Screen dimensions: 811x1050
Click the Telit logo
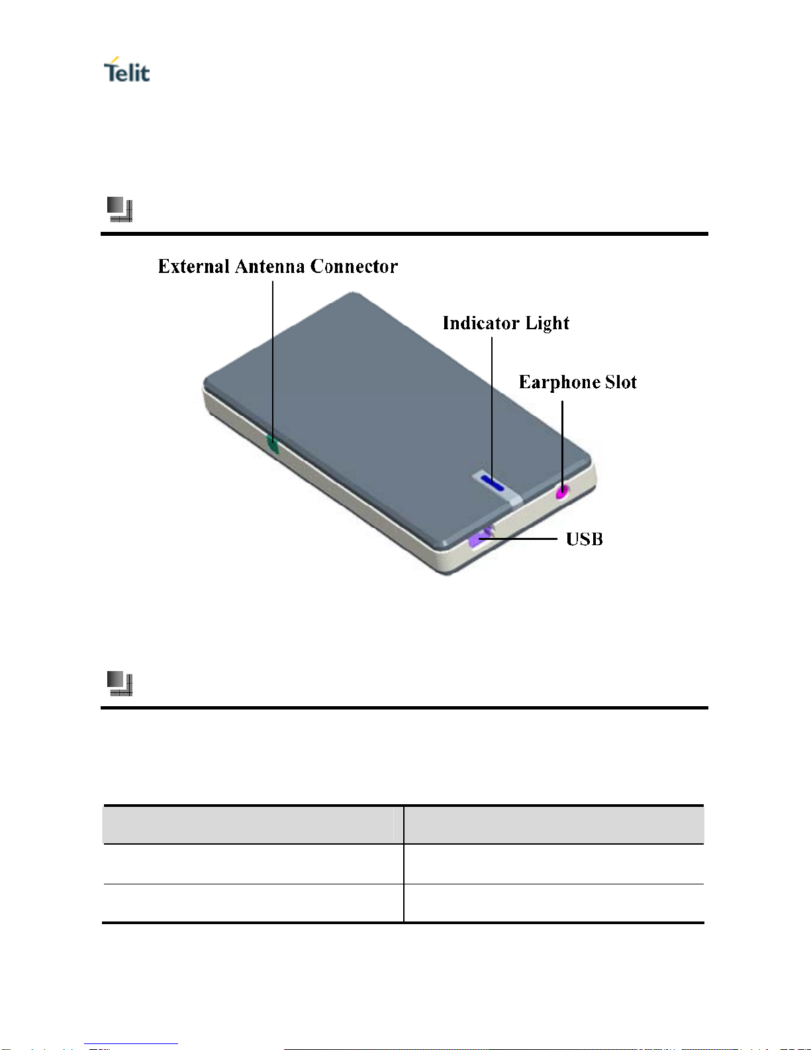(126, 70)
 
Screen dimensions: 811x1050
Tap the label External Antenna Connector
(277, 266)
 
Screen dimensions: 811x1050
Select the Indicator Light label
(506, 323)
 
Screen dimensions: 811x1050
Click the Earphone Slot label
(577, 382)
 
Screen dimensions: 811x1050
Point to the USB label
(584, 539)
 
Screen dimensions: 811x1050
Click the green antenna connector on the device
(272, 445)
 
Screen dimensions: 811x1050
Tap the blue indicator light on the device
(492, 484)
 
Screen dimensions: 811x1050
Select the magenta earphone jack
(562, 492)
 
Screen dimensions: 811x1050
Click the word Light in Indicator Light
(548, 323)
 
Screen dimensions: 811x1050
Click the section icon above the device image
(120, 209)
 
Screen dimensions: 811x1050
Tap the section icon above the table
(120, 684)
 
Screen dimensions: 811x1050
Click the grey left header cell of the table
(253, 825)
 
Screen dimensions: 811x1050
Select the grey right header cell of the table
(554, 825)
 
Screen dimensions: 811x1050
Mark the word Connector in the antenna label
(354, 266)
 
